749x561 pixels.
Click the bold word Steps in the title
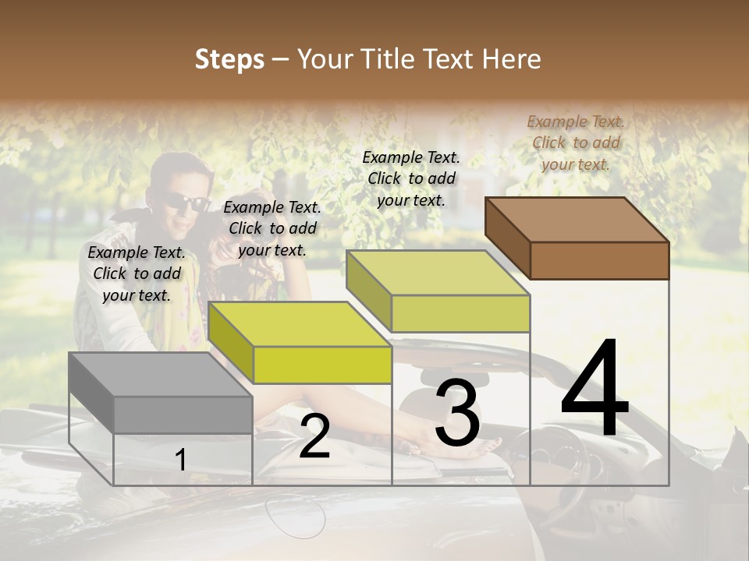pos(229,59)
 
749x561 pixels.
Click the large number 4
pos(595,390)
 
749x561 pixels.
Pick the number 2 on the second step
pos(314,437)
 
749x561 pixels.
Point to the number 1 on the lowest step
pos(180,460)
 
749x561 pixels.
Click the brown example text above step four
pos(576,143)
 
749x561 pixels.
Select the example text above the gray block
pos(137,273)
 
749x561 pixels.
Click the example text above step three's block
pos(411,178)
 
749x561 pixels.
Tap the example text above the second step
pos(272,228)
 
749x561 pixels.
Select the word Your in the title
pos(321,59)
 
